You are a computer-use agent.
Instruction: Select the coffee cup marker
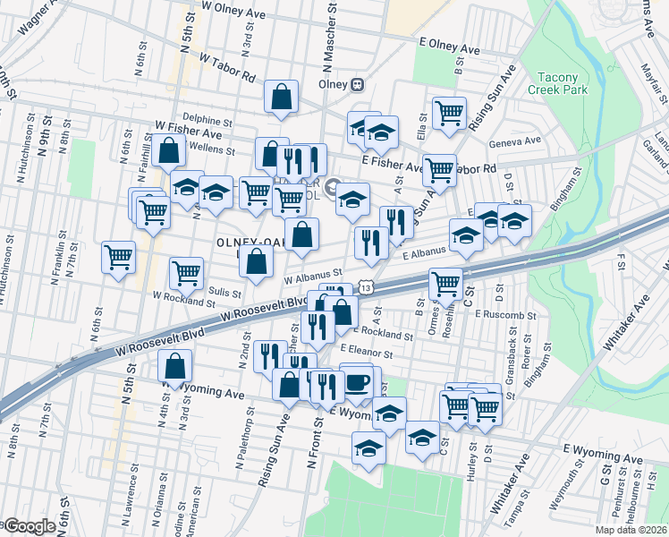[358, 382]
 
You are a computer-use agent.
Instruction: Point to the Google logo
[30, 526]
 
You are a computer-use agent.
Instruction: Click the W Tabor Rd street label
[228, 65]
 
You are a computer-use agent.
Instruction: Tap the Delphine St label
[207, 117]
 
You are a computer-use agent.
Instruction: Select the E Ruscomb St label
[505, 315]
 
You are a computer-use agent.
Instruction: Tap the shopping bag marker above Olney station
[281, 99]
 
